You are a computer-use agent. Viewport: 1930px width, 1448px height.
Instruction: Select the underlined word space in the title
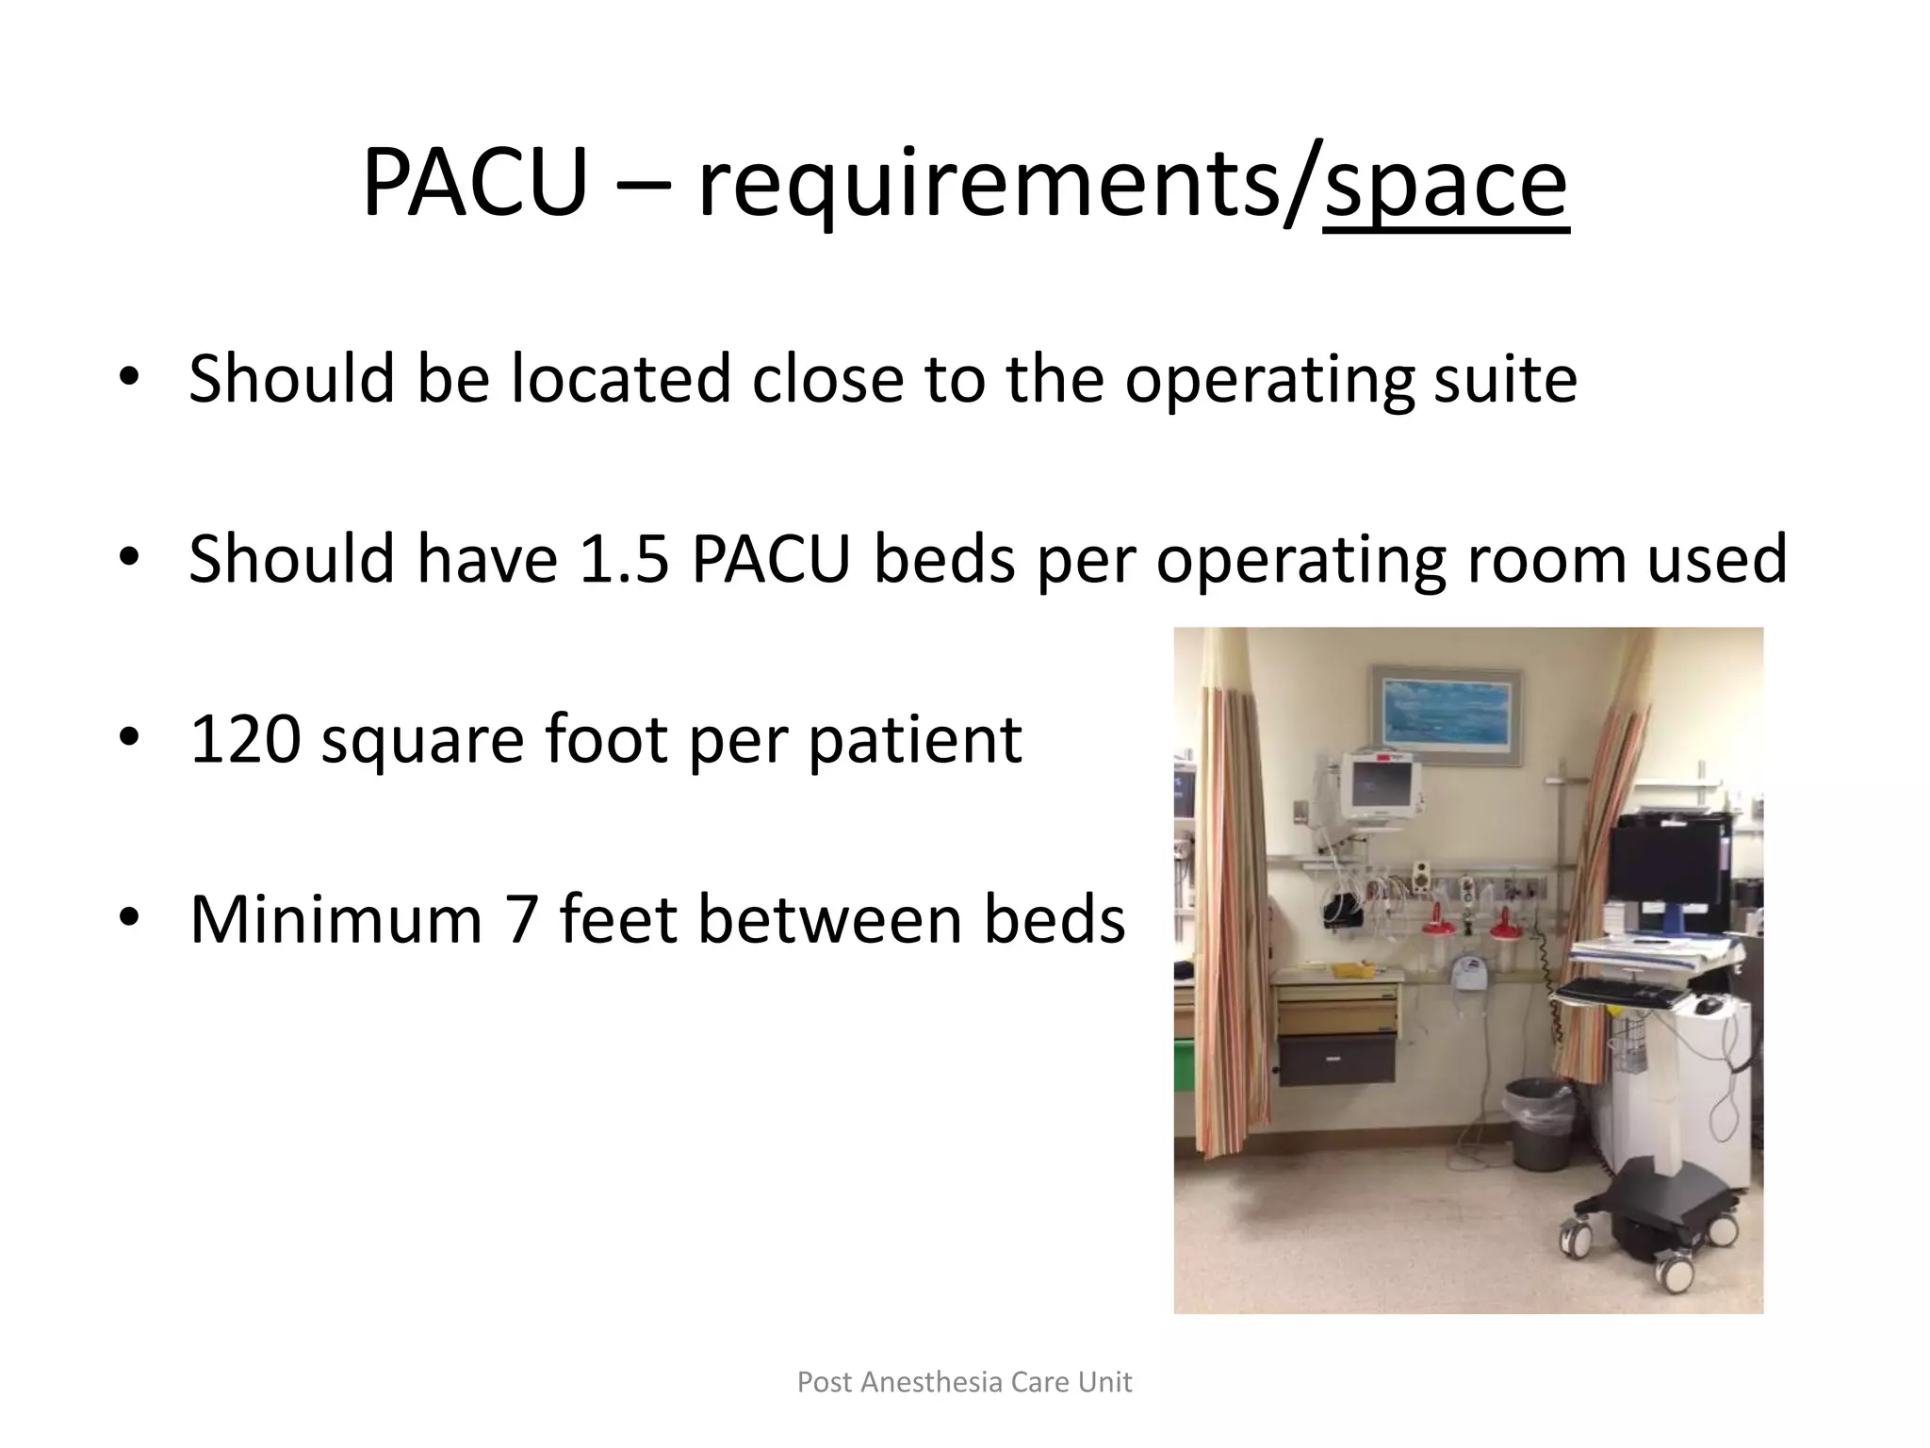[1446, 183]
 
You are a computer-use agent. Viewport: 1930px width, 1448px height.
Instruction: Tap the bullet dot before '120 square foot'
[129, 738]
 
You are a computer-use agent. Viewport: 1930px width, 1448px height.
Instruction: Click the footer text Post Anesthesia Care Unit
[964, 1382]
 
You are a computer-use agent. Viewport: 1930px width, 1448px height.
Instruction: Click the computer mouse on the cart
[1707, 1006]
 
